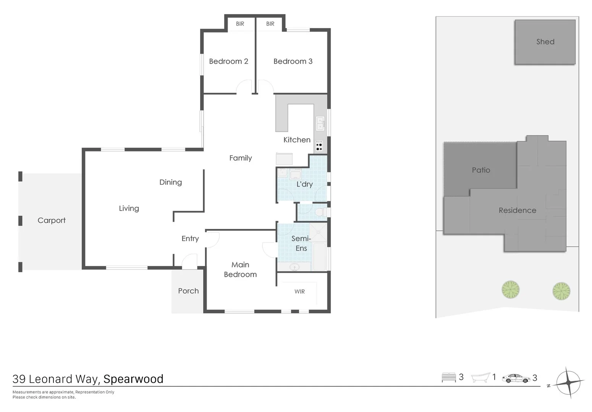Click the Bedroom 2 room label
228,61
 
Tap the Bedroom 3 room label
293,61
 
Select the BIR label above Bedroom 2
240,24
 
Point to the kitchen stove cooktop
319,146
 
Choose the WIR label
299,291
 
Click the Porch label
188,291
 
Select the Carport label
52,220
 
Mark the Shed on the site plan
545,42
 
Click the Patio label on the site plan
481,170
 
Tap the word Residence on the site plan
517,211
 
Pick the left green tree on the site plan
511,290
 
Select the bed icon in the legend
449,377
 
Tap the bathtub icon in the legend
480,378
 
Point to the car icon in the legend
516,378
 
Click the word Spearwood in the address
133,379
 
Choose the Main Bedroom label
240,270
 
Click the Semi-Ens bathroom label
301,243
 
